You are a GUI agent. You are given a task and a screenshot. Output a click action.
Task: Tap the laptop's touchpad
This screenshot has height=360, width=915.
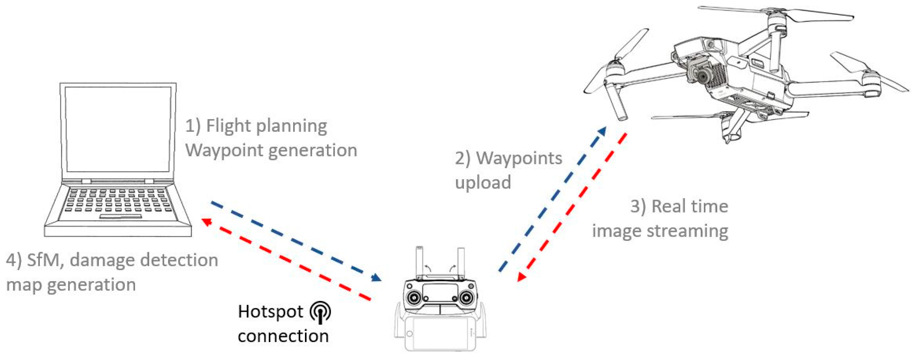coord(121,216)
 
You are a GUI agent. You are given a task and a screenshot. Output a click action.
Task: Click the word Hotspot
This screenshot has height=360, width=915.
coord(270,312)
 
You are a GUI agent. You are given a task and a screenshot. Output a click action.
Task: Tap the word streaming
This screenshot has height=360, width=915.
coord(687,231)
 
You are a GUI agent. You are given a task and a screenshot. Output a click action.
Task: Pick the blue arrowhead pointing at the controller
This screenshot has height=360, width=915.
coord(376,277)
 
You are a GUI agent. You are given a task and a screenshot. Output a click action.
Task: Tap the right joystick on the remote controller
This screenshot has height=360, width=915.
coord(465,297)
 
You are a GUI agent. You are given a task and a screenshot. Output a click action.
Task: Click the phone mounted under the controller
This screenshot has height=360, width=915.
coord(440,334)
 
